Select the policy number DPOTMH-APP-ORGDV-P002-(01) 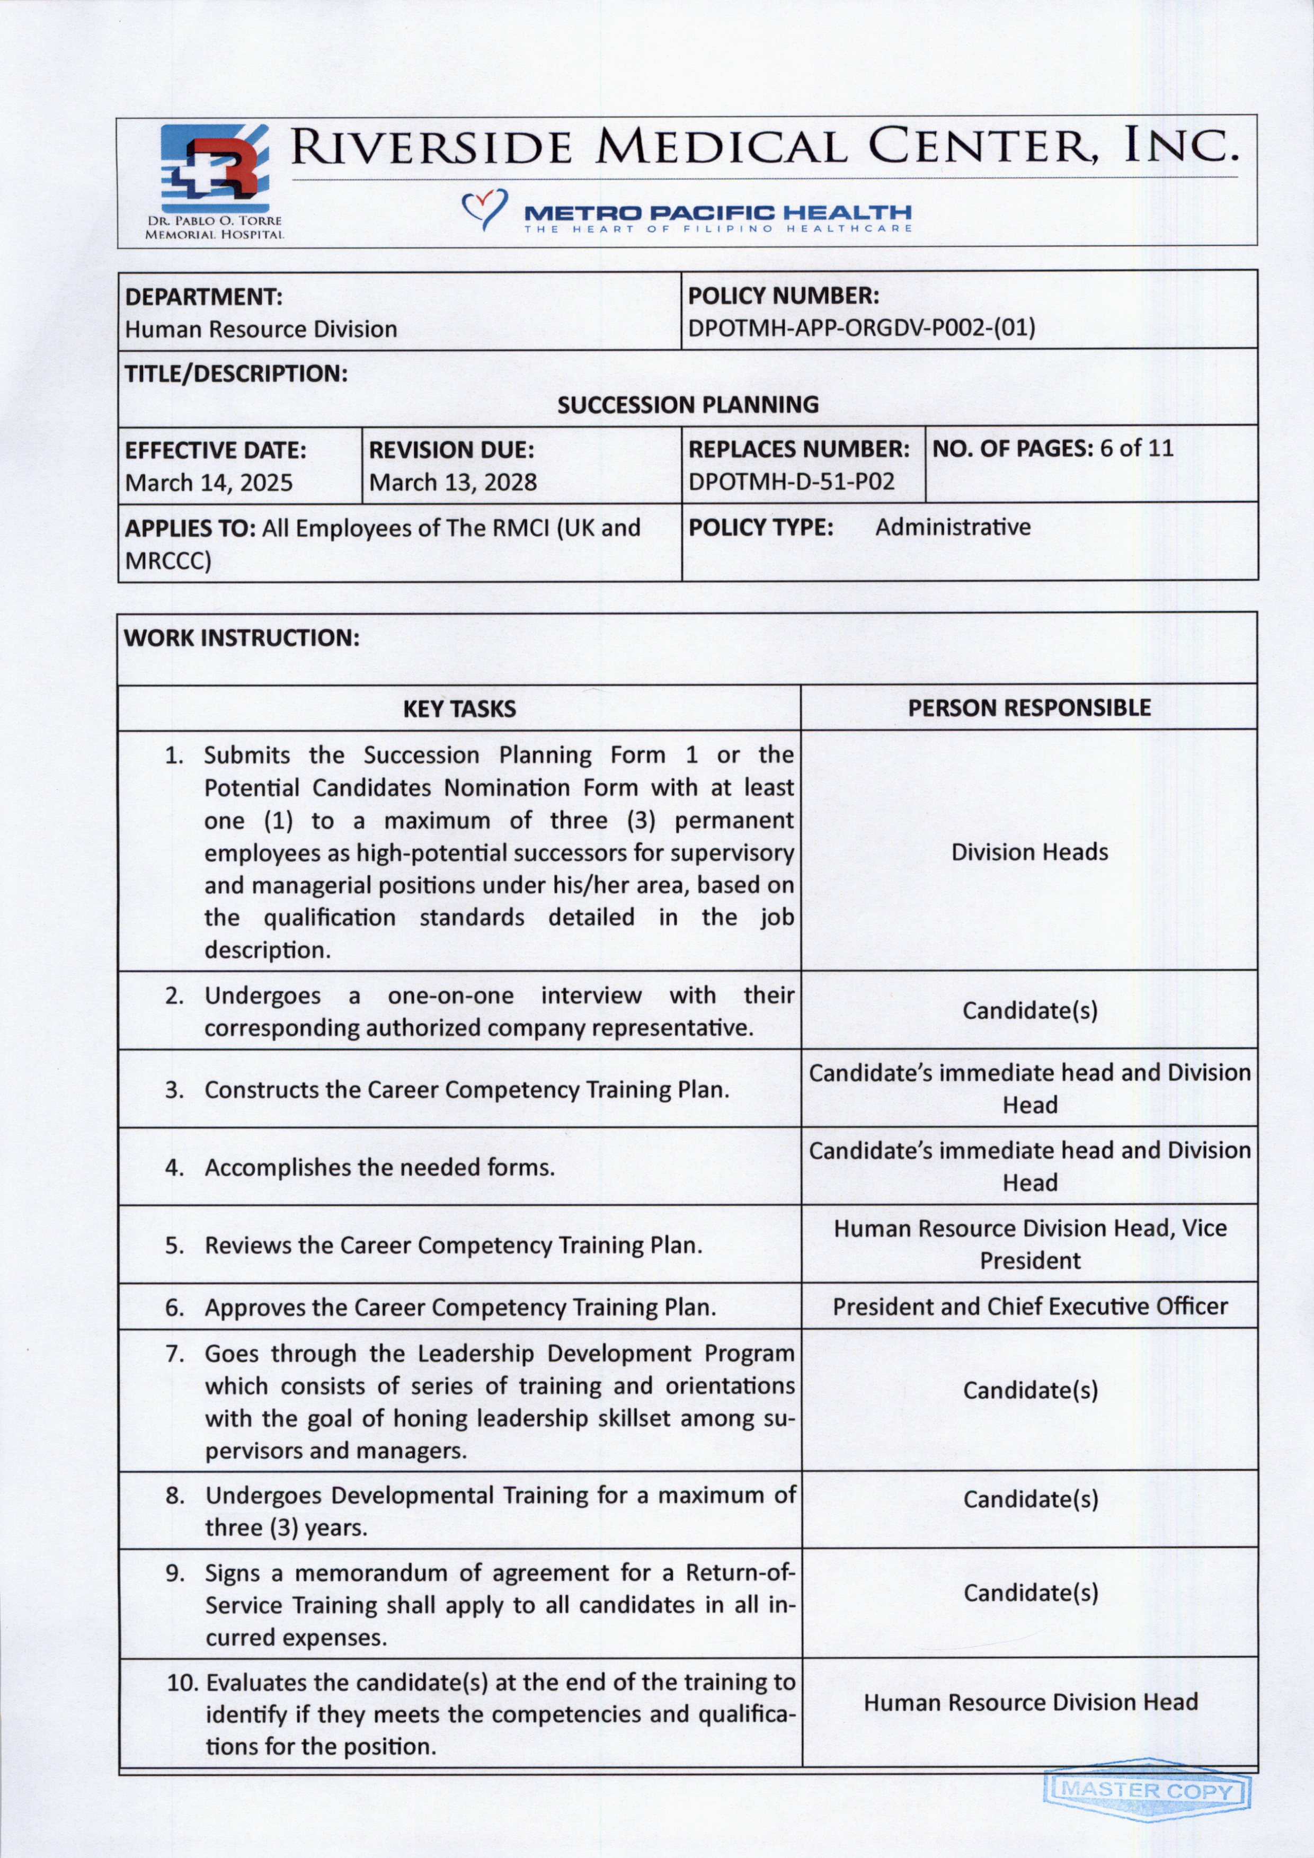[861, 328]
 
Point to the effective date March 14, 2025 [209, 483]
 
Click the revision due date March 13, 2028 [452, 483]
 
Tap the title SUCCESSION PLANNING [688, 405]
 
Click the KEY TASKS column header [459, 709]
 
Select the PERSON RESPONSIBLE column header [1028, 708]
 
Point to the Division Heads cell [1029, 852]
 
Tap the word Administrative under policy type [952, 528]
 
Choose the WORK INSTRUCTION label [241, 638]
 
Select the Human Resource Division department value [261, 330]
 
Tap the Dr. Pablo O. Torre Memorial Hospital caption [214, 227]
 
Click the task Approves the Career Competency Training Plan [459, 1308]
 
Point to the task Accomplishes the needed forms [379, 1168]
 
